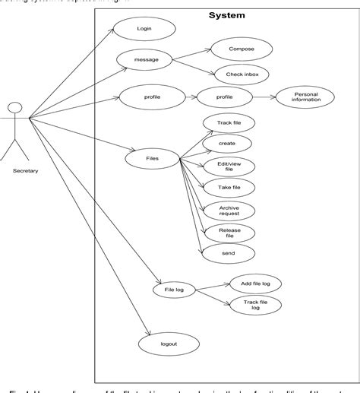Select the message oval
pos(144,59)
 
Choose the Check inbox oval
pos(242,74)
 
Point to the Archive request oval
pos(229,210)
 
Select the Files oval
pos(152,158)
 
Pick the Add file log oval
pos(255,283)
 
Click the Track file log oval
pos(255,305)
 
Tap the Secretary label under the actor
pos(25,170)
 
